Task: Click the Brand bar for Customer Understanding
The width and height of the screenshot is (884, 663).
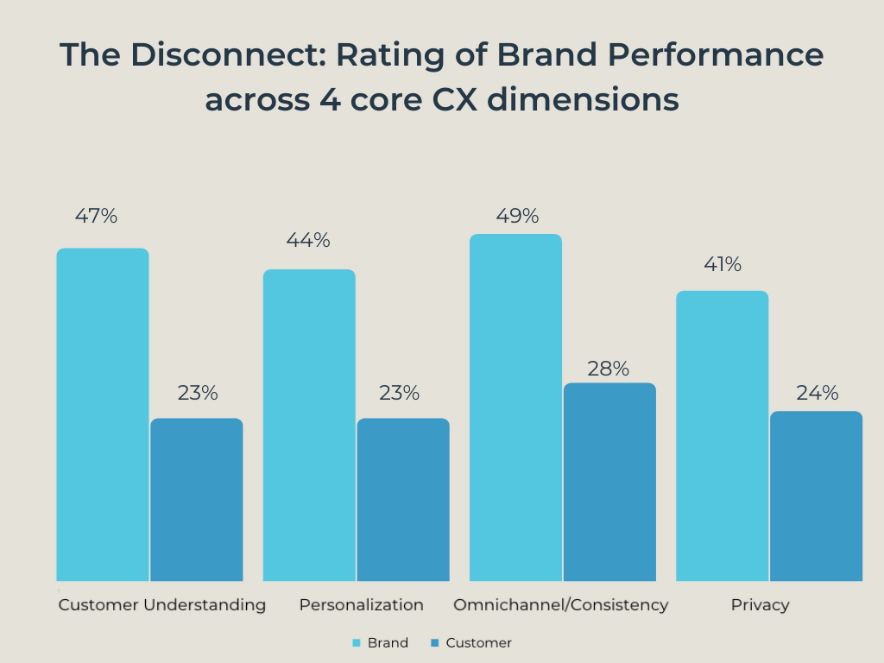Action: (103, 414)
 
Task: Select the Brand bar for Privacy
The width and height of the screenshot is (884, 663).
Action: (722, 436)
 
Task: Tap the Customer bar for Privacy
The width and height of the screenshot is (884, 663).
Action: (816, 496)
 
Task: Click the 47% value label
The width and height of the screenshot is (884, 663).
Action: (96, 217)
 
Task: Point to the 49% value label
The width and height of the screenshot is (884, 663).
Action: (517, 216)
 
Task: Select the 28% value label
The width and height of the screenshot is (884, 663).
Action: (609, 369)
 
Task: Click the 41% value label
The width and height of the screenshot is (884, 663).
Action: (723, 265)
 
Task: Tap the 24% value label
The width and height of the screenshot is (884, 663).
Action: (818, 394)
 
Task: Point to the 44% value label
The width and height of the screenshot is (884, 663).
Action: (308, 241)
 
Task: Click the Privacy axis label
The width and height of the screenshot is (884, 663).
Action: (760, 605)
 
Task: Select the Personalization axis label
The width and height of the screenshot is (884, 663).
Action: (362, 605)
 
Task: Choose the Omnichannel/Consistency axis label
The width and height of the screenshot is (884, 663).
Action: (561, 605)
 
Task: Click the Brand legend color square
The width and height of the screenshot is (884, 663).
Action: (356, 643)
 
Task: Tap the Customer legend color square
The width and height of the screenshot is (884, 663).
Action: (435, 643)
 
